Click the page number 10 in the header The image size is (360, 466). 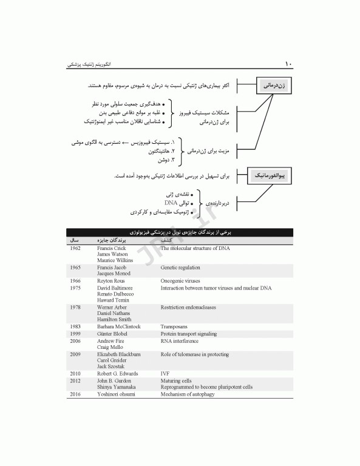[x=288, y=64]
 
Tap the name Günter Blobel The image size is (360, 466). [x=115, y=334]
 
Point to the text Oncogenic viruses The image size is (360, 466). [x=182, y=282]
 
